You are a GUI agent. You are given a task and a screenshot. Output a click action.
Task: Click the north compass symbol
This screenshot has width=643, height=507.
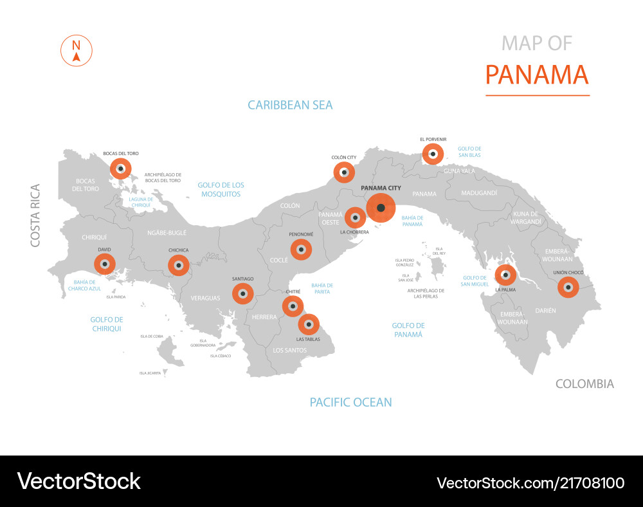click(77, 51)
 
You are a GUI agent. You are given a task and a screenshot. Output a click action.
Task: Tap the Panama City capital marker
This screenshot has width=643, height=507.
click(381, 208)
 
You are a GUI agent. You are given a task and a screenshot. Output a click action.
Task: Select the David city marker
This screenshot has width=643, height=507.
click(104, 264)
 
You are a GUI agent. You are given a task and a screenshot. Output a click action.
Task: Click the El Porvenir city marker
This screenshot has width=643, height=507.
click(433, 154)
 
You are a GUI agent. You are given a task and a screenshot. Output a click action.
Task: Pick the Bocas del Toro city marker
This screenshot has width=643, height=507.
click(120, 169)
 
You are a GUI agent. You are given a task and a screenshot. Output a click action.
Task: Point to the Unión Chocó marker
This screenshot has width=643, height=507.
click(568, 287)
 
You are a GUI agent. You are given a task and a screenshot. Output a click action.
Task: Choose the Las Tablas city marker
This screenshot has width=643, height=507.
click(309, 324)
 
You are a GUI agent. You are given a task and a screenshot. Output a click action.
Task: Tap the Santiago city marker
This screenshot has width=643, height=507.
click(242, 293)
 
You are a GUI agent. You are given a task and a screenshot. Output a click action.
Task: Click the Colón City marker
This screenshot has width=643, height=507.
click(343, 172)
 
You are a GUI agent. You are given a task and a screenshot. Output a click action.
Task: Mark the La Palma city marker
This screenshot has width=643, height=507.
click(505, 275)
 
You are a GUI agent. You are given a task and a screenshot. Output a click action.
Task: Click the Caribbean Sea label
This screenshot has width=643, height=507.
click(290, 105)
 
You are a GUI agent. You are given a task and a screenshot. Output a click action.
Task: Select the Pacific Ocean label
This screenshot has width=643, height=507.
click(350, 402)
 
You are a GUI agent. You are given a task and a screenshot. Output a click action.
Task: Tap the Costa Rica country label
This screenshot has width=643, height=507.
click(35, 216)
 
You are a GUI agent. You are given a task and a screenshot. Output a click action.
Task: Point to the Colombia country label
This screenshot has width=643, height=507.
click(584, 384)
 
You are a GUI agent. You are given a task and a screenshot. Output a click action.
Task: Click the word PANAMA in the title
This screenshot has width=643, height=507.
click(537, 75)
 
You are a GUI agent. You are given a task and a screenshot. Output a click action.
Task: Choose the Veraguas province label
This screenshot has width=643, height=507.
click(205, 298)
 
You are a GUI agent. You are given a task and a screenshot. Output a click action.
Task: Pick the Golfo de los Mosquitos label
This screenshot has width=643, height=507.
click(221, 189)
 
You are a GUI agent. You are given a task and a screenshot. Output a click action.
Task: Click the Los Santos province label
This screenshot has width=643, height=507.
click(290, 350)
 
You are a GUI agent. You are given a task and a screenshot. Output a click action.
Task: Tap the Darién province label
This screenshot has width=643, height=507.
click(545, 310)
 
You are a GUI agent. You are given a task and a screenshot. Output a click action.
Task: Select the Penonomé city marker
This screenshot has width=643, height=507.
click(301, 250)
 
